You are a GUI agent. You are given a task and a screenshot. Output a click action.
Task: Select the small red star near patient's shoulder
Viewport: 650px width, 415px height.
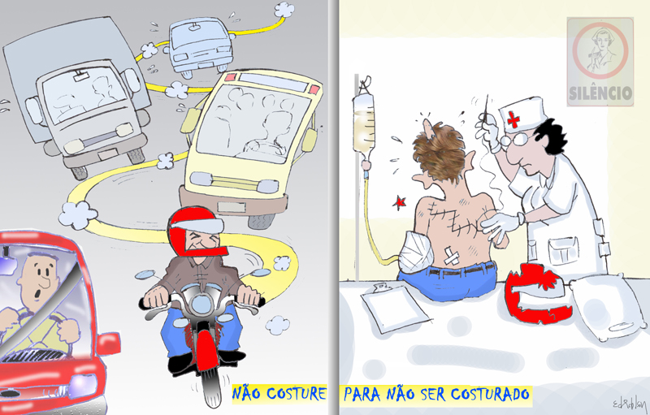399,202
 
